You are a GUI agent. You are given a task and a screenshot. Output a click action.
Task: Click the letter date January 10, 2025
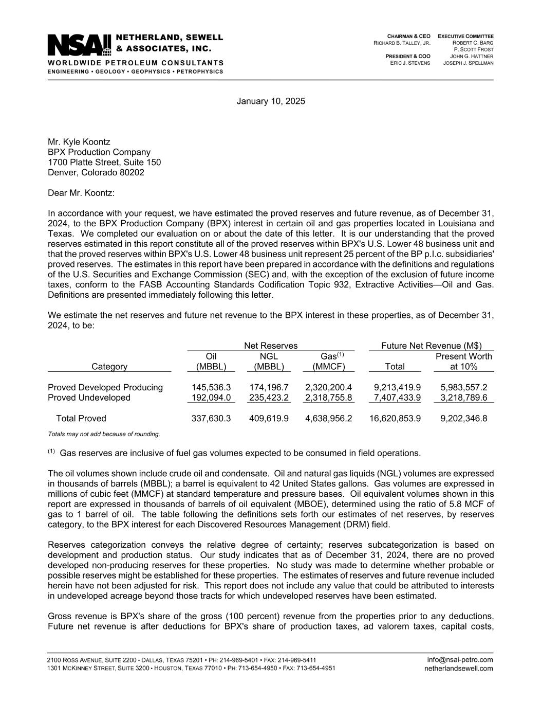pos(271,101)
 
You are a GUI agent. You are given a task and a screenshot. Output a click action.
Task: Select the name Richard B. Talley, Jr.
pos(402,43)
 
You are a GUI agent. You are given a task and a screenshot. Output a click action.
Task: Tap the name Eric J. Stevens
pos(410,63)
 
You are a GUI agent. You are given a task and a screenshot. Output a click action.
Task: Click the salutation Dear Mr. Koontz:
pos(81,193)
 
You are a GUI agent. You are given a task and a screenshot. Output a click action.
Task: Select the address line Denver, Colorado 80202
pos(96,172)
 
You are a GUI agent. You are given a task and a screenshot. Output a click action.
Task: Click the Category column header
pos(109,367)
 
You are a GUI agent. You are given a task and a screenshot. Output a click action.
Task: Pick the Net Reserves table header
pos(271,346)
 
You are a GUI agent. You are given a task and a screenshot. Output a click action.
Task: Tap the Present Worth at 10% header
pos(464,362)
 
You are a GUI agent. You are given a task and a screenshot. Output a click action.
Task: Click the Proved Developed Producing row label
pos(105,387)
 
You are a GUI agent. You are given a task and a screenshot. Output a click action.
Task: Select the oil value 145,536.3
pos(211,387)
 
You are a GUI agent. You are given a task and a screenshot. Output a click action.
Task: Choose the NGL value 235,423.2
pos(269,398)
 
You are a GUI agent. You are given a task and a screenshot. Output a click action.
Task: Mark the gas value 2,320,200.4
pos(328,387)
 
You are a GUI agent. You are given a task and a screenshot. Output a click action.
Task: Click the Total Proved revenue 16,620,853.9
pos(395,419)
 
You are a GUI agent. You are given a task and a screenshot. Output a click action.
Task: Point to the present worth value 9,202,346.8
pos(464,419)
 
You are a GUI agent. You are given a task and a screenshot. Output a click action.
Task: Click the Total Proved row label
pos(81,419)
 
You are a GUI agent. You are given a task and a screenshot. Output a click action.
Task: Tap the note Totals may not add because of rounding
pos(104,434)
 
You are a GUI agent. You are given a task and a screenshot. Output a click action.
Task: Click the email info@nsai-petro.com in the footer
pos(460,660)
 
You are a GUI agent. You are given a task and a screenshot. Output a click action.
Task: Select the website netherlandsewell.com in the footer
pos(459,669)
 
